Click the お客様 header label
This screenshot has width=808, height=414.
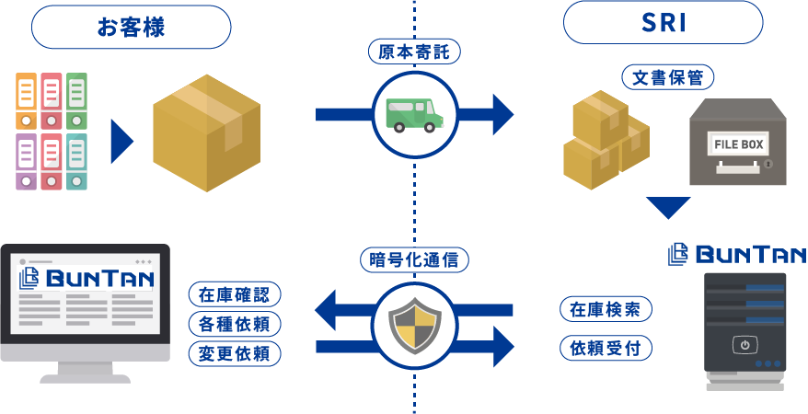132,27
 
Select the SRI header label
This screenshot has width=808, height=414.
664,24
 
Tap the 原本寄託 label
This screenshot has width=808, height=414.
413,52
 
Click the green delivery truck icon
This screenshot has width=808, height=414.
413,114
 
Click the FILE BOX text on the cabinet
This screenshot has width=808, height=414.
738,144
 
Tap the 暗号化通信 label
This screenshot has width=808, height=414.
413,260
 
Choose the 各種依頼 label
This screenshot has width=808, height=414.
234,324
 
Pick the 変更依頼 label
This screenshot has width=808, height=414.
234,352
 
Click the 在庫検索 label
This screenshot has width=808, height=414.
606,308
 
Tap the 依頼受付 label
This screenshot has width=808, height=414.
606,348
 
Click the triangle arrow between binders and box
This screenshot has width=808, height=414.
121,140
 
